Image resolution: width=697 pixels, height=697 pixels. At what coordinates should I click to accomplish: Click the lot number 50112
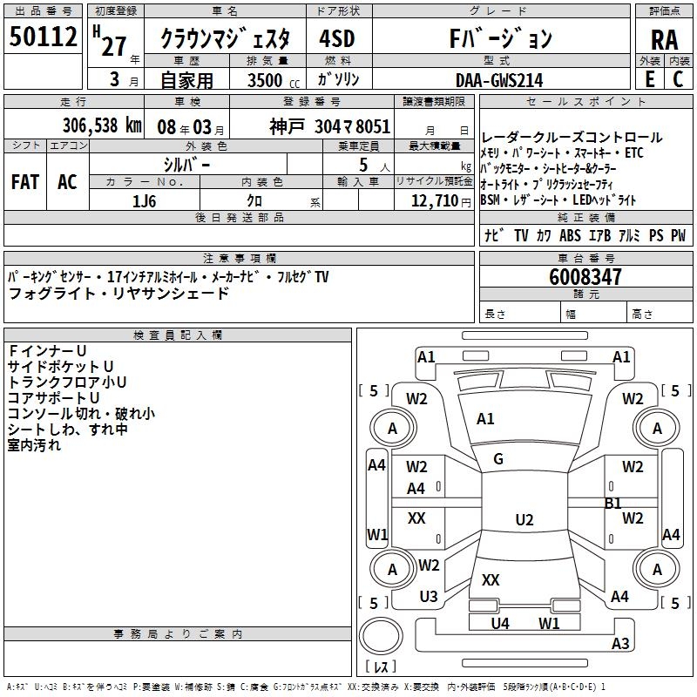pyautogui.click(x=44, y=37)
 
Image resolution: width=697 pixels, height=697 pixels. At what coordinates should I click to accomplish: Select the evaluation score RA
pyautogui.click(x=664, y=39)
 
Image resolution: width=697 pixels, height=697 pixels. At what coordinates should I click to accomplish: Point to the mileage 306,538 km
pyautogui.click(x=103, y=125)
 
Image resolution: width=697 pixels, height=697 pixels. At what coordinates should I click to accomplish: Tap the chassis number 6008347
pyautogui.click(x=586, y=278)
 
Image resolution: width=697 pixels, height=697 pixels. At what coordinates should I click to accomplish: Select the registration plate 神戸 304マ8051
pyautogui.click(x=330, y=125)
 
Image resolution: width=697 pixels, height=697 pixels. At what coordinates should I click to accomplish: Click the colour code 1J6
pyautogui.click(x=145, y=200)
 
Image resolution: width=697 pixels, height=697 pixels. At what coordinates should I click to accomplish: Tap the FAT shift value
pyautogui.click(x=25, y=182)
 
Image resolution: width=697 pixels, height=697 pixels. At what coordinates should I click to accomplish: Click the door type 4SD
pyautogui.click(x=337, y=39)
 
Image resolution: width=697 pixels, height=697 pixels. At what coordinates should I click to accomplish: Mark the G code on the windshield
pyautogui.click(x=498, y=459)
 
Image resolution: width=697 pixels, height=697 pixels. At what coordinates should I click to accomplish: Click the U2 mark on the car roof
pyautogui.click(x=524, y=520)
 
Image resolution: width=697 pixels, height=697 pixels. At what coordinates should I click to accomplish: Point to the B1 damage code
pyautogui.click(x=613, y=503)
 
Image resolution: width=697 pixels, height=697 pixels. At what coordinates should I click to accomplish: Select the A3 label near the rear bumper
pyautogui.click(x=620, y=644)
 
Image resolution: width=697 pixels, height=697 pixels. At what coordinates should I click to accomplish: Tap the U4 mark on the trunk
pyautogui.click(x=500, y=623)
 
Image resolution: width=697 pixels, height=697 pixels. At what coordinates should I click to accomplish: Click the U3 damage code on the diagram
pyautogui.click(x=429, y=597)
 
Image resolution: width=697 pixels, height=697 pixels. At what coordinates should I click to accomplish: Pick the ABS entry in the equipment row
pyautogui.click(x=571, y=235)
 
